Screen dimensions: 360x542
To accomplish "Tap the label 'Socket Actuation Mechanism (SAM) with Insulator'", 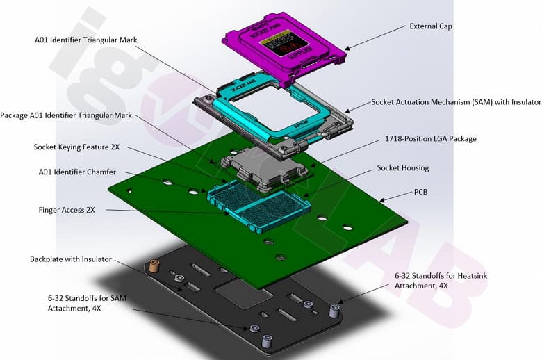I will coord(456,102).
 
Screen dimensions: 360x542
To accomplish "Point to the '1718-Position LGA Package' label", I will coord(431,139).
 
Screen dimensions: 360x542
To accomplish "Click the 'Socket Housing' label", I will coord(403,168).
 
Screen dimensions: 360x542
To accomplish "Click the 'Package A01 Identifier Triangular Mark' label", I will coord(66,115).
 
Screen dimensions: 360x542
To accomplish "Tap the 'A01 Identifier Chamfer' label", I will coord(76,172).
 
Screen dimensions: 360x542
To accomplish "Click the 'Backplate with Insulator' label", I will coord(70,259).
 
